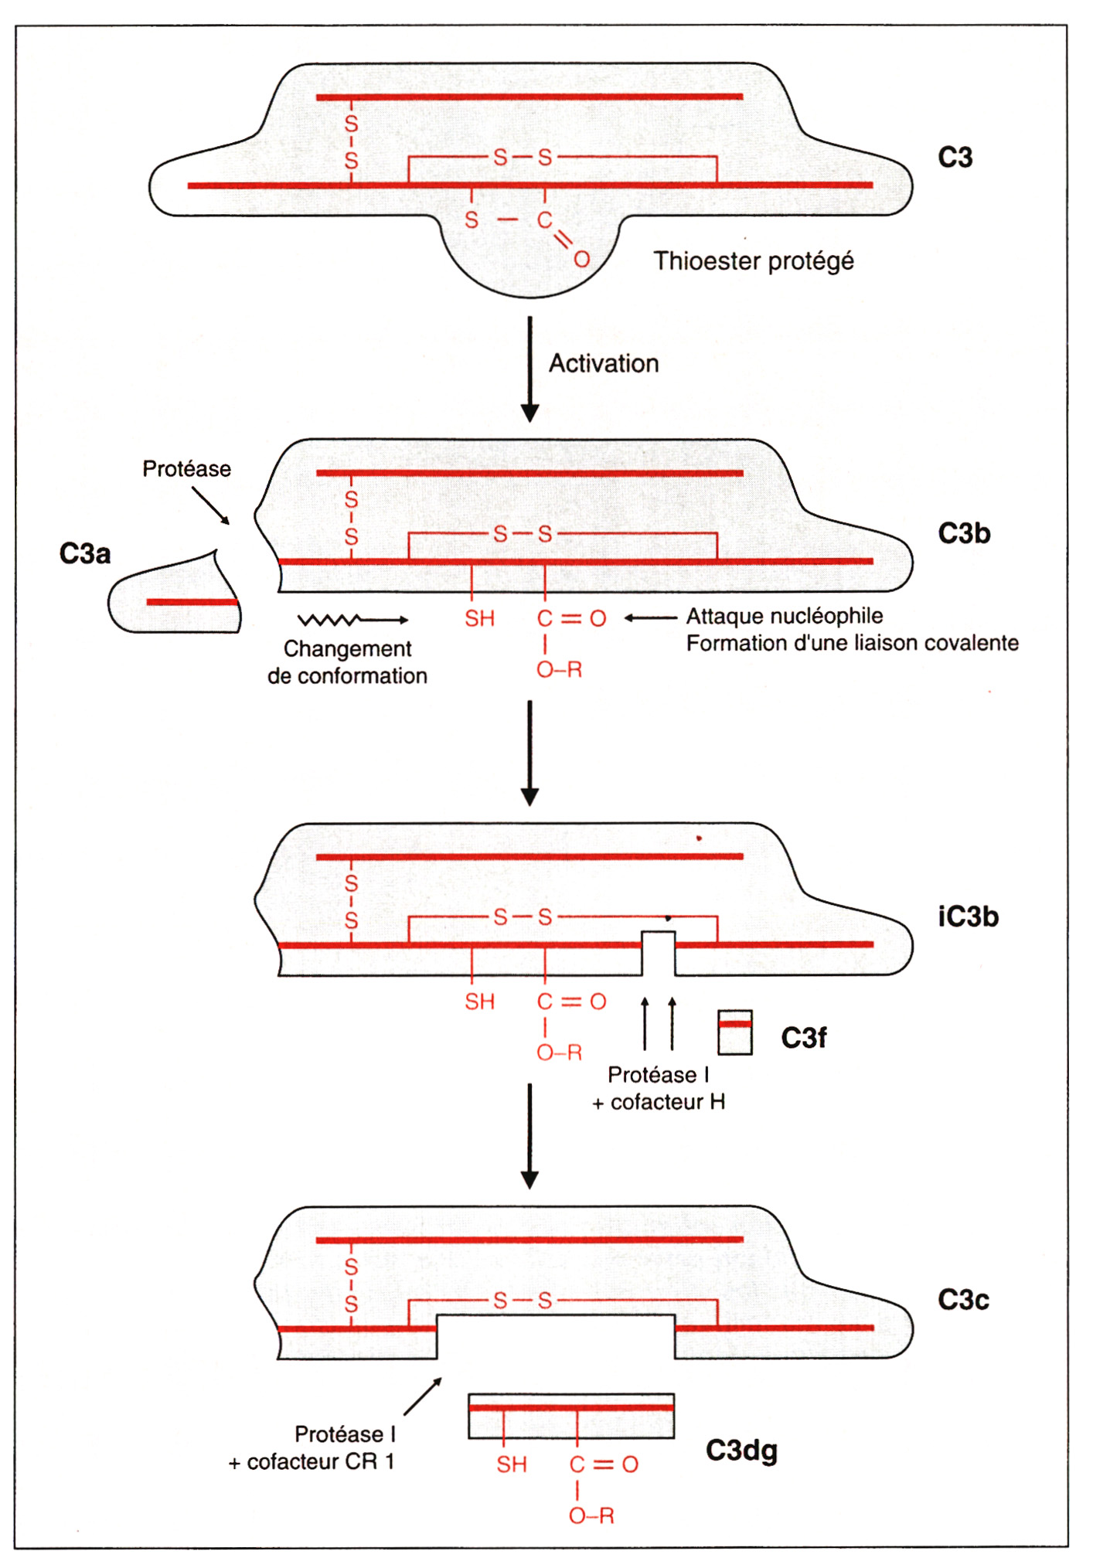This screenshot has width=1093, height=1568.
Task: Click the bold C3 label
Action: pyautogui.click(x=955, y=158)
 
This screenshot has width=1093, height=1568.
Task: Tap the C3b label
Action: pyautogui.click(x=964, y=533)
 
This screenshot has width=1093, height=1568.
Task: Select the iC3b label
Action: pyautogui.click(x=968, y=917)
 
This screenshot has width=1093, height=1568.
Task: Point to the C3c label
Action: pyautogui.click(x=963, y=1300)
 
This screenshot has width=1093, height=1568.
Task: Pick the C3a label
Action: pyautogui.click(x=85, y=553)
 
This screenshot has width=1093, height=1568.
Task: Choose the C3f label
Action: pyautogui.click(x=804, y=1038)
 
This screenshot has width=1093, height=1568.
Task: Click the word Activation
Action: pyautogui.click(x=604, y=363)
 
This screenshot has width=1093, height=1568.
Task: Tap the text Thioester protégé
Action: pyautogui.click(x=754, y=261)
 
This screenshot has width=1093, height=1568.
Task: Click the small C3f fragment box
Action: pyautogui.click(x=734, y=1032)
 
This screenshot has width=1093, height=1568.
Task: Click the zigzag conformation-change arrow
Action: pyautogui.click(x=353, y=620)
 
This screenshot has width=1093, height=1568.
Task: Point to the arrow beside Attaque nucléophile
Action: pyautogui.click(x=650, y=617)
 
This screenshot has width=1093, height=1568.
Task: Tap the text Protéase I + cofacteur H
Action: pyautogui.click(x=659, y=1088)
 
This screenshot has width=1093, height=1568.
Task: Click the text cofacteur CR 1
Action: pyautogui.click(x=321, y=1462)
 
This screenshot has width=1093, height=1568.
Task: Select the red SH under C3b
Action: pyautogui.click(x=479, y=618)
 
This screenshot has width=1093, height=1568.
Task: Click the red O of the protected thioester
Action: pyautogui.click(x=581, y=259)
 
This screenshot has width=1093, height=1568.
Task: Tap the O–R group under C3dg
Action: pyautogui.click(x=591, y=1516)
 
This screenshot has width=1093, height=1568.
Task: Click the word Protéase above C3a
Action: pyautogui.click(x=186, y=468)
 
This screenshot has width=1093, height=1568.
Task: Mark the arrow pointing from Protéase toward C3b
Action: pyautogui.click(x=211, y=506)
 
